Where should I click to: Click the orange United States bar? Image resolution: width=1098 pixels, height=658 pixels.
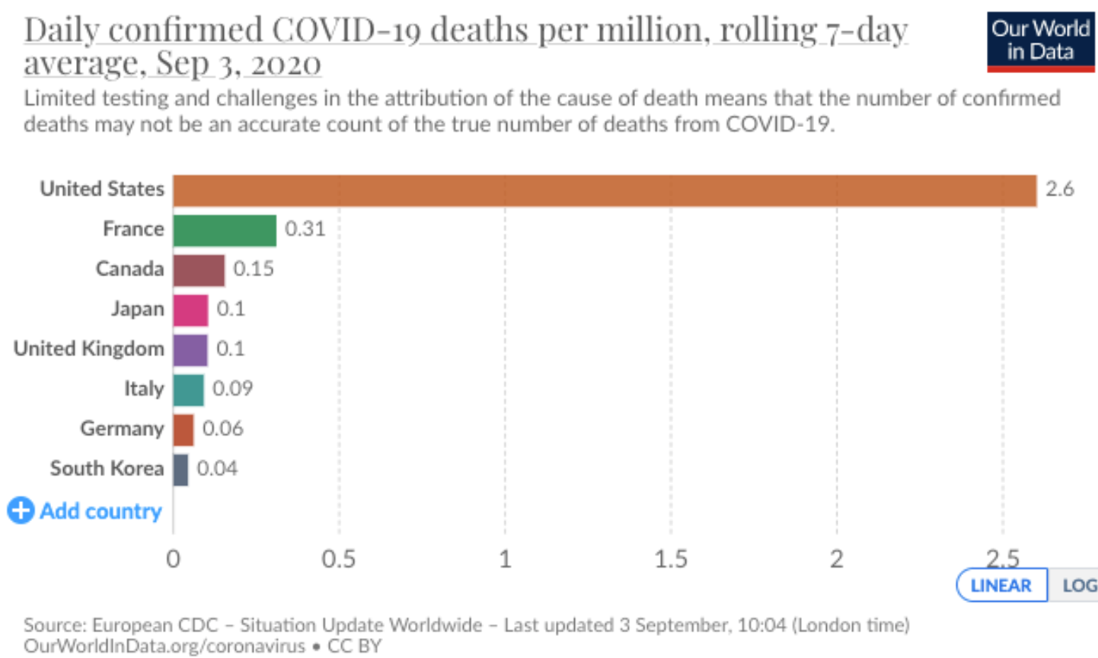[604, 191]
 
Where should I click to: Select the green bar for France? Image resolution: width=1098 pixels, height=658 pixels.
[224, 230]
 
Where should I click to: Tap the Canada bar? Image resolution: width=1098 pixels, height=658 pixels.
[199, 270]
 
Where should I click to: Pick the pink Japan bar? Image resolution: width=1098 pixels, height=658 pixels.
[190, 310]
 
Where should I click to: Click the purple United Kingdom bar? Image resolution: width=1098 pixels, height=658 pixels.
[190, 350]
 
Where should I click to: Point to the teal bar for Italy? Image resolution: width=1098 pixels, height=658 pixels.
[188, 389]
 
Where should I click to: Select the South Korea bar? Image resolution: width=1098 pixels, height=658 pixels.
[180, 469]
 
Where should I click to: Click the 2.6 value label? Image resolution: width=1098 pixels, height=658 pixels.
[1059, 189]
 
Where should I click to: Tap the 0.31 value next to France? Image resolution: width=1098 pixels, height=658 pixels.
[305, 229]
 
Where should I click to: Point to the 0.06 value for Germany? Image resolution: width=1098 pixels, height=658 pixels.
[223, 428]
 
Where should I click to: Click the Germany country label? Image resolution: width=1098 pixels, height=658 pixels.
[122, 429]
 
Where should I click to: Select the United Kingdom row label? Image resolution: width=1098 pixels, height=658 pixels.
[89, 349]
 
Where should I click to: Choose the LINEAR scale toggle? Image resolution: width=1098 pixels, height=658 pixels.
[1001, 586]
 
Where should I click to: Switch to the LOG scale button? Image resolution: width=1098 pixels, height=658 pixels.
[1078, 586]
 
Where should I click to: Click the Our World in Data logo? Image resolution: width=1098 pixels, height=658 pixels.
[1040, 41]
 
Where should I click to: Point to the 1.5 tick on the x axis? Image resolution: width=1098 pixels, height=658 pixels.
[670, 560]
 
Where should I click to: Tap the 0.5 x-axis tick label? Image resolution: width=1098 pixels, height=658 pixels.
[338, 560]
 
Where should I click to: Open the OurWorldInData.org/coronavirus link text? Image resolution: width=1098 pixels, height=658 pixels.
[164, 646]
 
